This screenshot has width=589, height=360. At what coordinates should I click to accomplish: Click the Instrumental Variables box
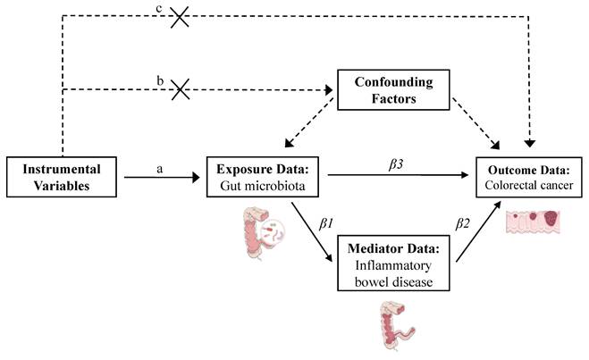point(63,177)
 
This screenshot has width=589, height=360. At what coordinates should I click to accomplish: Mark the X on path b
point(181,88)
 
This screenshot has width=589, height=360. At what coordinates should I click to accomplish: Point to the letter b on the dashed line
point(158,80)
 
